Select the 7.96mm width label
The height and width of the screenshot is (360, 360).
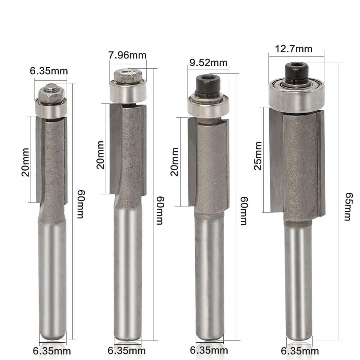[x=127, y=55]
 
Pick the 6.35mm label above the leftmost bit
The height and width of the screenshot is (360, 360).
[x=49, y=70]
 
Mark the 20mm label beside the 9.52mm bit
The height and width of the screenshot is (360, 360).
[x=175, y=161]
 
